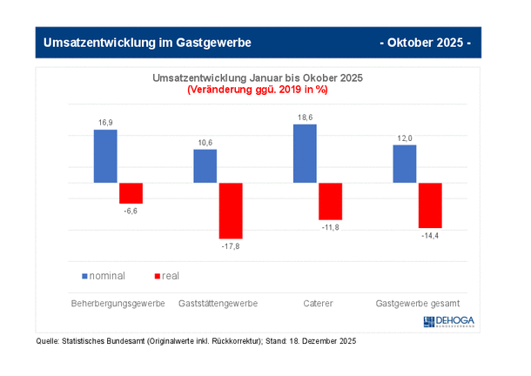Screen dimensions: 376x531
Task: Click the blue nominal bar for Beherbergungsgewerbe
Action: (x=105, y=157)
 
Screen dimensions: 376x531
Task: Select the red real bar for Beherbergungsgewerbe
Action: (x=131, y=193)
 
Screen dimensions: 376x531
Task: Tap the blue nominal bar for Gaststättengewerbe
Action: (x=205, y=166)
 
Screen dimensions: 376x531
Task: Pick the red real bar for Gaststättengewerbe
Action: (x=231, y=211)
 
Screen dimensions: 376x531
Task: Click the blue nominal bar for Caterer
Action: (x=306, y=154)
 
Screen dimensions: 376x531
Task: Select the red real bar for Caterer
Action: (x=331, y=201)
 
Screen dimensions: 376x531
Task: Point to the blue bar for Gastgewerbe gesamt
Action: (x=405, y=164)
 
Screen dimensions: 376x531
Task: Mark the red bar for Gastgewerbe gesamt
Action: (x=430, y=205)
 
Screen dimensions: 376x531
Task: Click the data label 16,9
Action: (x=105, y=124)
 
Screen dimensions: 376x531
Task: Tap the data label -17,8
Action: (x=231, y=246)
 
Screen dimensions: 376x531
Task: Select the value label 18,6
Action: (x=306, y=117)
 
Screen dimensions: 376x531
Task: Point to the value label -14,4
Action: (x=430, y=236)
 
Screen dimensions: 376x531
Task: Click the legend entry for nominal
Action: (x=104, y=276)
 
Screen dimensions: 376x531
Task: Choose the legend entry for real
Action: (x=166, y=276)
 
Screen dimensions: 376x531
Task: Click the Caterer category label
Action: (x=318, y=304)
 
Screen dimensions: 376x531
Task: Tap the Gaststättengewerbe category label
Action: (x=218, y=304)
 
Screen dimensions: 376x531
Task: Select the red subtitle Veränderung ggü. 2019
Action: (x=257, y=89)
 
